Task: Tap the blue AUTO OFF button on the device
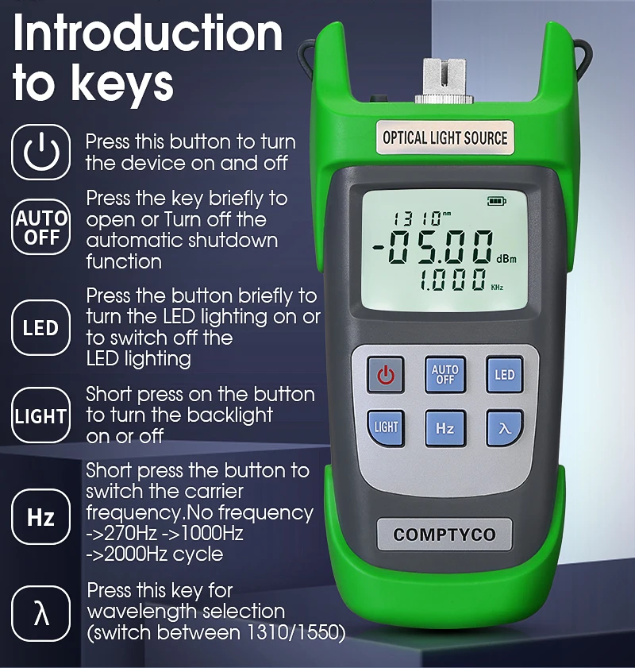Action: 445,374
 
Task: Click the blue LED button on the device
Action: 505,374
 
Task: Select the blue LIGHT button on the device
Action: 386,428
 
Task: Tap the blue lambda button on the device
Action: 505,428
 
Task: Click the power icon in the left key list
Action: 40,152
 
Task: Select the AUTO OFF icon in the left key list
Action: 40,227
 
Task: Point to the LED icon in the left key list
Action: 40,327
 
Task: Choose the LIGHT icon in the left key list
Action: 40,415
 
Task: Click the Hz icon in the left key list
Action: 40,517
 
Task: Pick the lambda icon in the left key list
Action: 40,614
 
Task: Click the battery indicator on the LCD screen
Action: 496,201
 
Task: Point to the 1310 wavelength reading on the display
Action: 416,218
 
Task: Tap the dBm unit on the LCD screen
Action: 506,259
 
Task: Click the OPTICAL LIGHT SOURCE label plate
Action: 444,138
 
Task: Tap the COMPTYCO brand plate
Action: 444,535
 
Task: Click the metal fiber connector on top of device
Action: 444,81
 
